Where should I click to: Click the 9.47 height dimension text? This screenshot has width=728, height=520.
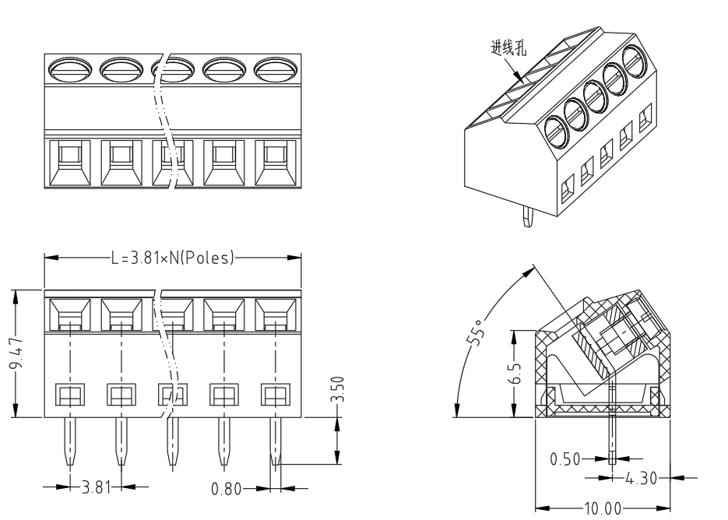(16, 353)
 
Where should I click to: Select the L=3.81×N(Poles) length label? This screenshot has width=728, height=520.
(172, 258)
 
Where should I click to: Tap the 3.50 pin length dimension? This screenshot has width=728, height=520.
(339, 389)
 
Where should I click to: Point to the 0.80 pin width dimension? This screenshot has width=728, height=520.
(226, 488)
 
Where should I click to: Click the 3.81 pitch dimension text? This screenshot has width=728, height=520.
(97, 487)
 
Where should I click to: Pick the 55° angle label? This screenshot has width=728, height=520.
(477, 332)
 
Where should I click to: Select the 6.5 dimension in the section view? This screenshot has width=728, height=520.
(515, 374)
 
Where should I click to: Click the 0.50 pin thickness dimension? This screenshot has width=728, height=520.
(565, 459)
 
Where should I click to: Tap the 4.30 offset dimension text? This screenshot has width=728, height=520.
(641, 478)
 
